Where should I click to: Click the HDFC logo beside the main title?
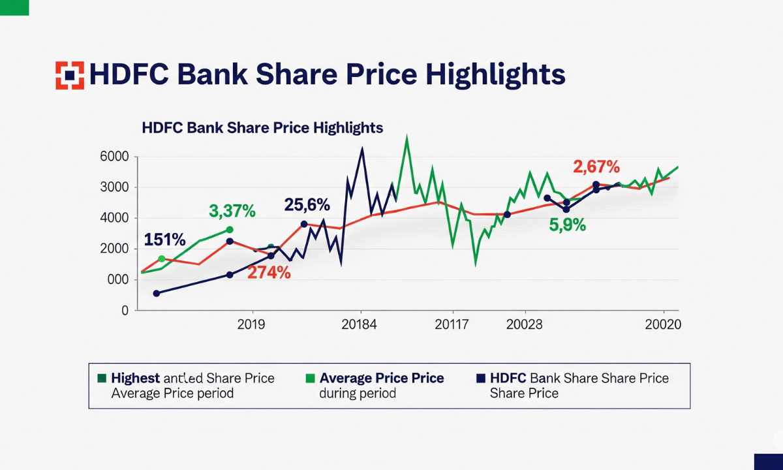(70, 75)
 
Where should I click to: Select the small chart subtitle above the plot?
(262, 127)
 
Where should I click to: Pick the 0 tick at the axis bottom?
(124, 311)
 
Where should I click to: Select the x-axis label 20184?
(359, 324)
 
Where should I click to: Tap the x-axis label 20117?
(452, 324)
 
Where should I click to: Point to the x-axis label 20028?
(524, 324)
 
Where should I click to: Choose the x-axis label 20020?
(663, 324)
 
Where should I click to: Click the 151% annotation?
(165, 240)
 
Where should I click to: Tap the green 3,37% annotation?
(232, 211)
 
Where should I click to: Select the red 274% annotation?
(269, 273)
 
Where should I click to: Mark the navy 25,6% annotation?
(307, 205)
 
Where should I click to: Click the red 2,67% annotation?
(596, 167)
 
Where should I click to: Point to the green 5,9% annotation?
(567, 226)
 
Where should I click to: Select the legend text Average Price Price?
(382, 378)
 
